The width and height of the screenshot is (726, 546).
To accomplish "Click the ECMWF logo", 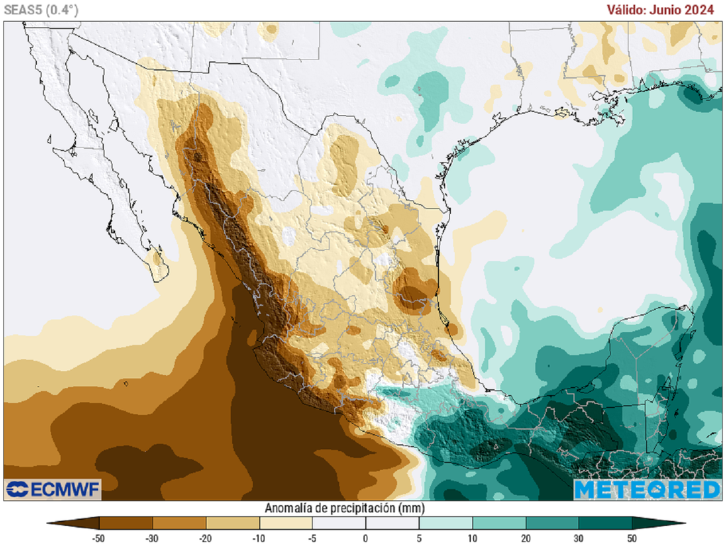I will point(53,489).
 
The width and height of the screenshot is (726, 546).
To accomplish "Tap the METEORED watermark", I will point(647,489).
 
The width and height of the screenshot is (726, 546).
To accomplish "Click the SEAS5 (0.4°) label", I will point(41,10).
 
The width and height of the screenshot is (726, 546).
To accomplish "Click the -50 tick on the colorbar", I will point(99,537).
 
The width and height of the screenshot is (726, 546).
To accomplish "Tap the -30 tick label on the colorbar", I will point(152,537).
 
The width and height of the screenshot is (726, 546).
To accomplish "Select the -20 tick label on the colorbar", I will point(206,537).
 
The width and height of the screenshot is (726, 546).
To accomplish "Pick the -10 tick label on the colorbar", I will point(259,537).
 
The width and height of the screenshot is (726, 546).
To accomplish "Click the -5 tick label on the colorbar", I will point(312,537).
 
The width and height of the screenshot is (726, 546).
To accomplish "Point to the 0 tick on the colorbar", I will point(366,537).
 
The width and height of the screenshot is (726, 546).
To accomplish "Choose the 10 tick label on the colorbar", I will point(472,537).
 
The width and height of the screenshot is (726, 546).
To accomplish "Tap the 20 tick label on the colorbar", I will point(525,537).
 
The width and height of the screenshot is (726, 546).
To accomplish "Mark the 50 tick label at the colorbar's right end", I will point(632,537).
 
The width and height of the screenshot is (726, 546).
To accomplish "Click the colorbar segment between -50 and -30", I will point(125,523).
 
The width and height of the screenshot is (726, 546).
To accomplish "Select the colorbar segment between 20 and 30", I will point(552,523).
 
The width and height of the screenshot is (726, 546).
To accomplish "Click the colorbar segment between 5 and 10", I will point(445,523).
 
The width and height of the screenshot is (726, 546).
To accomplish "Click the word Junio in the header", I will point(673,10).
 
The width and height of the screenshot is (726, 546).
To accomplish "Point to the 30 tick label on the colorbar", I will point(579,537).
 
